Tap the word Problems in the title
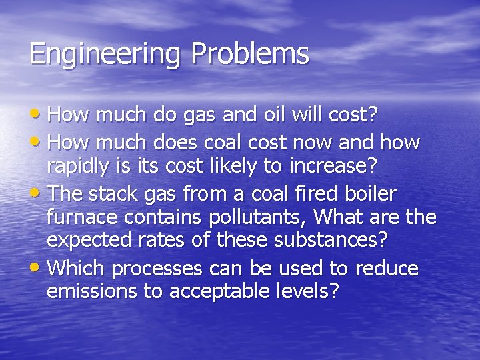pyautogui.click(x=251, y=53)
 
